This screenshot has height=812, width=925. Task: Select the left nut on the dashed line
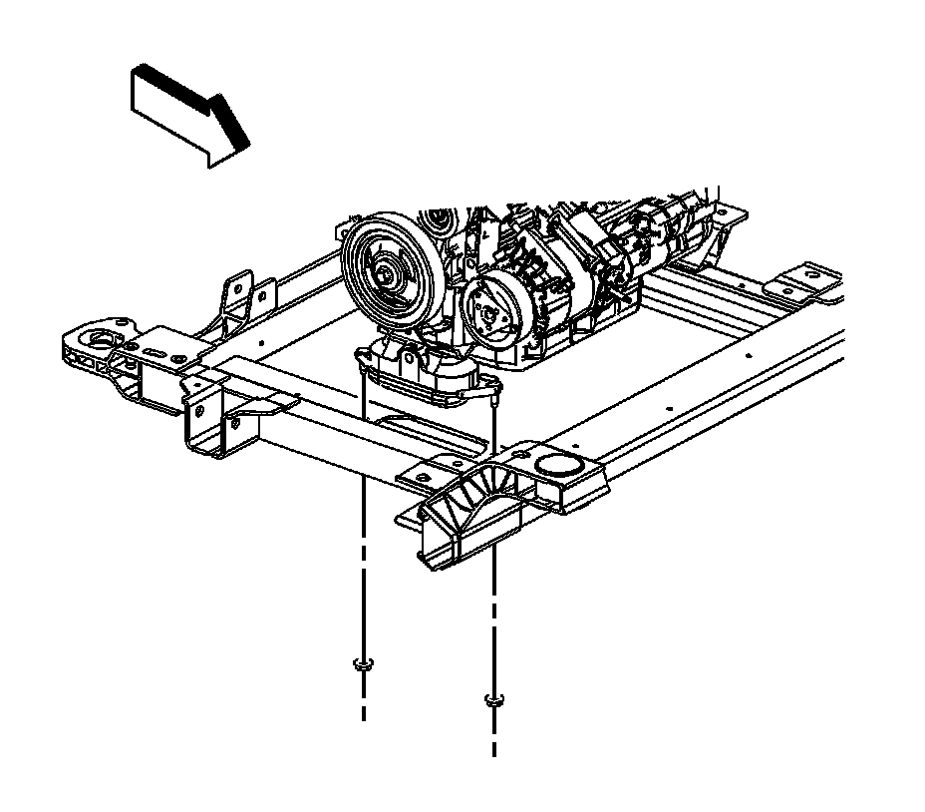click(x=364, y=665)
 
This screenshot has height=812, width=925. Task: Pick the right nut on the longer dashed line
click(x=492, y=700)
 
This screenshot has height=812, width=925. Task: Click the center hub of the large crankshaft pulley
click(x=385, y=270)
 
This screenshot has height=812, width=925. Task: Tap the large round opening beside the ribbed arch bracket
click(x=560, y=465)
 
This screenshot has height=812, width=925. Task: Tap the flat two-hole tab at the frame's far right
click(x=812, y=281)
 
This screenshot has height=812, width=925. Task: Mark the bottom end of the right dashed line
click(x=492, y=755)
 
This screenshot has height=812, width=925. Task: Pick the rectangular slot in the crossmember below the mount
click(x=413, y=430)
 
